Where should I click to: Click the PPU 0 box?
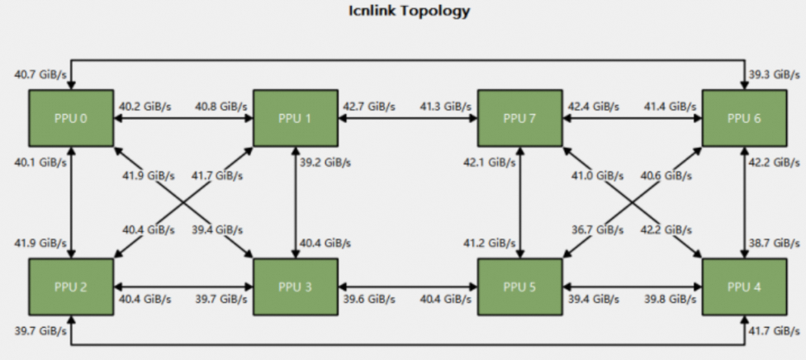[x=71, y=118]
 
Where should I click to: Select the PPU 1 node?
[x=295, y=118]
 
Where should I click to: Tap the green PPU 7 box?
[x=519, y=118]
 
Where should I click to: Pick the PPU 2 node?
[x=71, y=287]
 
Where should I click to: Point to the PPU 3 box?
[x=295, y=287]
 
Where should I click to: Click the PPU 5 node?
[x=519, y=287]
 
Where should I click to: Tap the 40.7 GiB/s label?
[x=37, y=75]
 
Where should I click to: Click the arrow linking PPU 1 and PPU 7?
[x=407, y=119]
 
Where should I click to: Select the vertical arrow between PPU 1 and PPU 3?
[x=295, y=202]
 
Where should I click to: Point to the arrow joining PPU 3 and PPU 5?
[x=407, y=287]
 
